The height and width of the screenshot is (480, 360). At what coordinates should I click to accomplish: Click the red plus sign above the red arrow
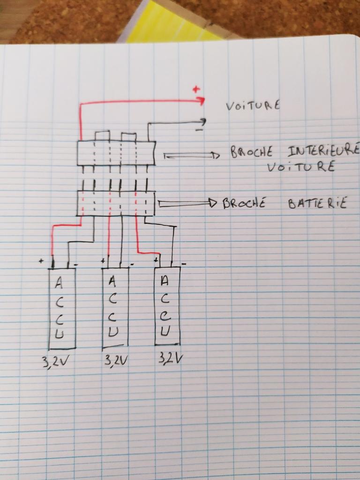pos(196,89)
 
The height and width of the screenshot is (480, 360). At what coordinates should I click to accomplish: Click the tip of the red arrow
pos(204,100)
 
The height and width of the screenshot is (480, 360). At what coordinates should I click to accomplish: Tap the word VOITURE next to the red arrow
pos(253,105)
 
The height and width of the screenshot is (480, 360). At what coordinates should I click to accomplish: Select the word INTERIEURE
pos(323,151)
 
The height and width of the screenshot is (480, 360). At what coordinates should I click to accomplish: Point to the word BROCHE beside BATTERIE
pos(245,203)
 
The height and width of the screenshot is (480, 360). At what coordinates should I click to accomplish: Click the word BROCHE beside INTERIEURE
pos(253,152)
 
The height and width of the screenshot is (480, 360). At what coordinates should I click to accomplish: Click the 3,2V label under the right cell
pos(170,359)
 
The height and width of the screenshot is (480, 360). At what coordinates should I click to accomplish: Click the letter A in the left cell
pos(59,283)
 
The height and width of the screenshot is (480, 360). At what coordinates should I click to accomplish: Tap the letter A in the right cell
pos(164,281)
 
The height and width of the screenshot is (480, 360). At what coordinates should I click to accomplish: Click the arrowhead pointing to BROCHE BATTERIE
pos(213,203)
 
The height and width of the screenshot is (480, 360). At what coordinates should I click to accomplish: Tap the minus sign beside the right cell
pos(183,264)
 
